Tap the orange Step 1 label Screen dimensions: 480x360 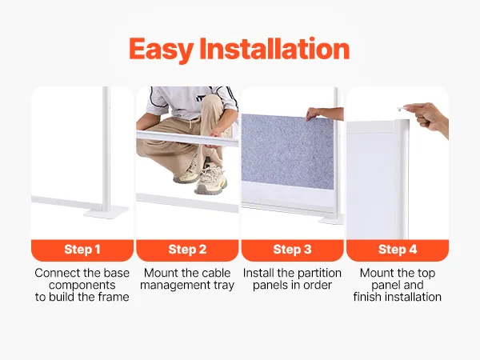point(82,250)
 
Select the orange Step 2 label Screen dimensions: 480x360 point(187,250)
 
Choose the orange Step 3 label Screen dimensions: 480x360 point(292,250)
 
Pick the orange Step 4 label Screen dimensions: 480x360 point(398,250)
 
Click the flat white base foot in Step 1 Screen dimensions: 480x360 point(106,212)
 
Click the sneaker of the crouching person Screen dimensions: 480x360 point(211,181)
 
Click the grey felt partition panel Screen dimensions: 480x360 point(287,151)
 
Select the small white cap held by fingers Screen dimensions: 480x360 point(401,109)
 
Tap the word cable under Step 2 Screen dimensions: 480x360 point(217,273)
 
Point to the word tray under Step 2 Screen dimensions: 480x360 point(224,286)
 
